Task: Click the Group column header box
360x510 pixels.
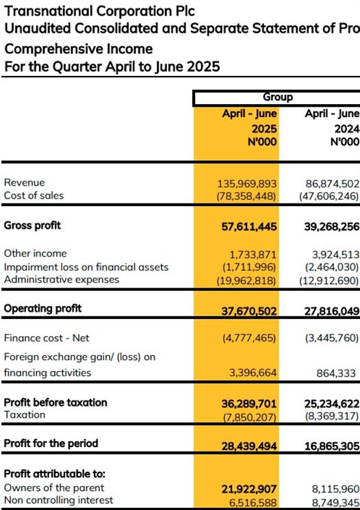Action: click(x=277, y=98)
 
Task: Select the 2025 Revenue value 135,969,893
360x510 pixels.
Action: click(x=247, y=183)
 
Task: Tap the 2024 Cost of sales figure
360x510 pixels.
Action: click(x=329, y=196)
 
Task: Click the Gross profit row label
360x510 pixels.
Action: click(x=32, y=225)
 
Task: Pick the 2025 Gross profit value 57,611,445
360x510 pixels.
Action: click(x=249, y=227)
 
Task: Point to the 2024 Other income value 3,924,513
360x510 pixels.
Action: click(x=335, y=255)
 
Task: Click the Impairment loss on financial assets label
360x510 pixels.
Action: click(x=86, y=267)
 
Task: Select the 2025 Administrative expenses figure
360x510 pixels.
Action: click(x=246, y=280)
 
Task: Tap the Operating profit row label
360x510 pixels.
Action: click(x=42, y=308)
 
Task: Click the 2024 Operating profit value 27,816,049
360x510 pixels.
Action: click(x=332, y=311)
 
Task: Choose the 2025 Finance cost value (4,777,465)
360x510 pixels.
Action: click(x=249, y=338)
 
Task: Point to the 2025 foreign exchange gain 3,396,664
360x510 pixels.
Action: click(x=253, y=372)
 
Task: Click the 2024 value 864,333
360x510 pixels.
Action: click(x=336, y=373)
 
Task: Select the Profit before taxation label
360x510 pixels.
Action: click(x=55, y=403)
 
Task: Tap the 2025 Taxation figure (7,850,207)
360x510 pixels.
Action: click(x=249, y=417)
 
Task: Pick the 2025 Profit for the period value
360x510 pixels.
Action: click(x=249, y=446)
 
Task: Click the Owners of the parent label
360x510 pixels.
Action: click(x=54, y=487)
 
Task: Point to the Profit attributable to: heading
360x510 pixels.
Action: click(x=55, y=474)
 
